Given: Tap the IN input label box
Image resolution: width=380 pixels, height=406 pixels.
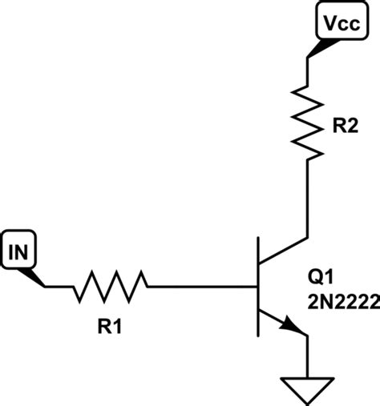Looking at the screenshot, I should click(x=19, y=253).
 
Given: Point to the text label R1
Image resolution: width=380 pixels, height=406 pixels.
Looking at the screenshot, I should click(x=111, y=326).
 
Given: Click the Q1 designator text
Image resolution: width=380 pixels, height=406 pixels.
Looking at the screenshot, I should click(x=321, y=277).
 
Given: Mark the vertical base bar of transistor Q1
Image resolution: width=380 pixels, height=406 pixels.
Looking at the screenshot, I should click(x=257, y=287).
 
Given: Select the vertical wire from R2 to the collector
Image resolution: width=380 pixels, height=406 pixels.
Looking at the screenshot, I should click(x=308, y=200).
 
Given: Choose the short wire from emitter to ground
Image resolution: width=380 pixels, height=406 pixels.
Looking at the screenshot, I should click(x=308, y=352).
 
